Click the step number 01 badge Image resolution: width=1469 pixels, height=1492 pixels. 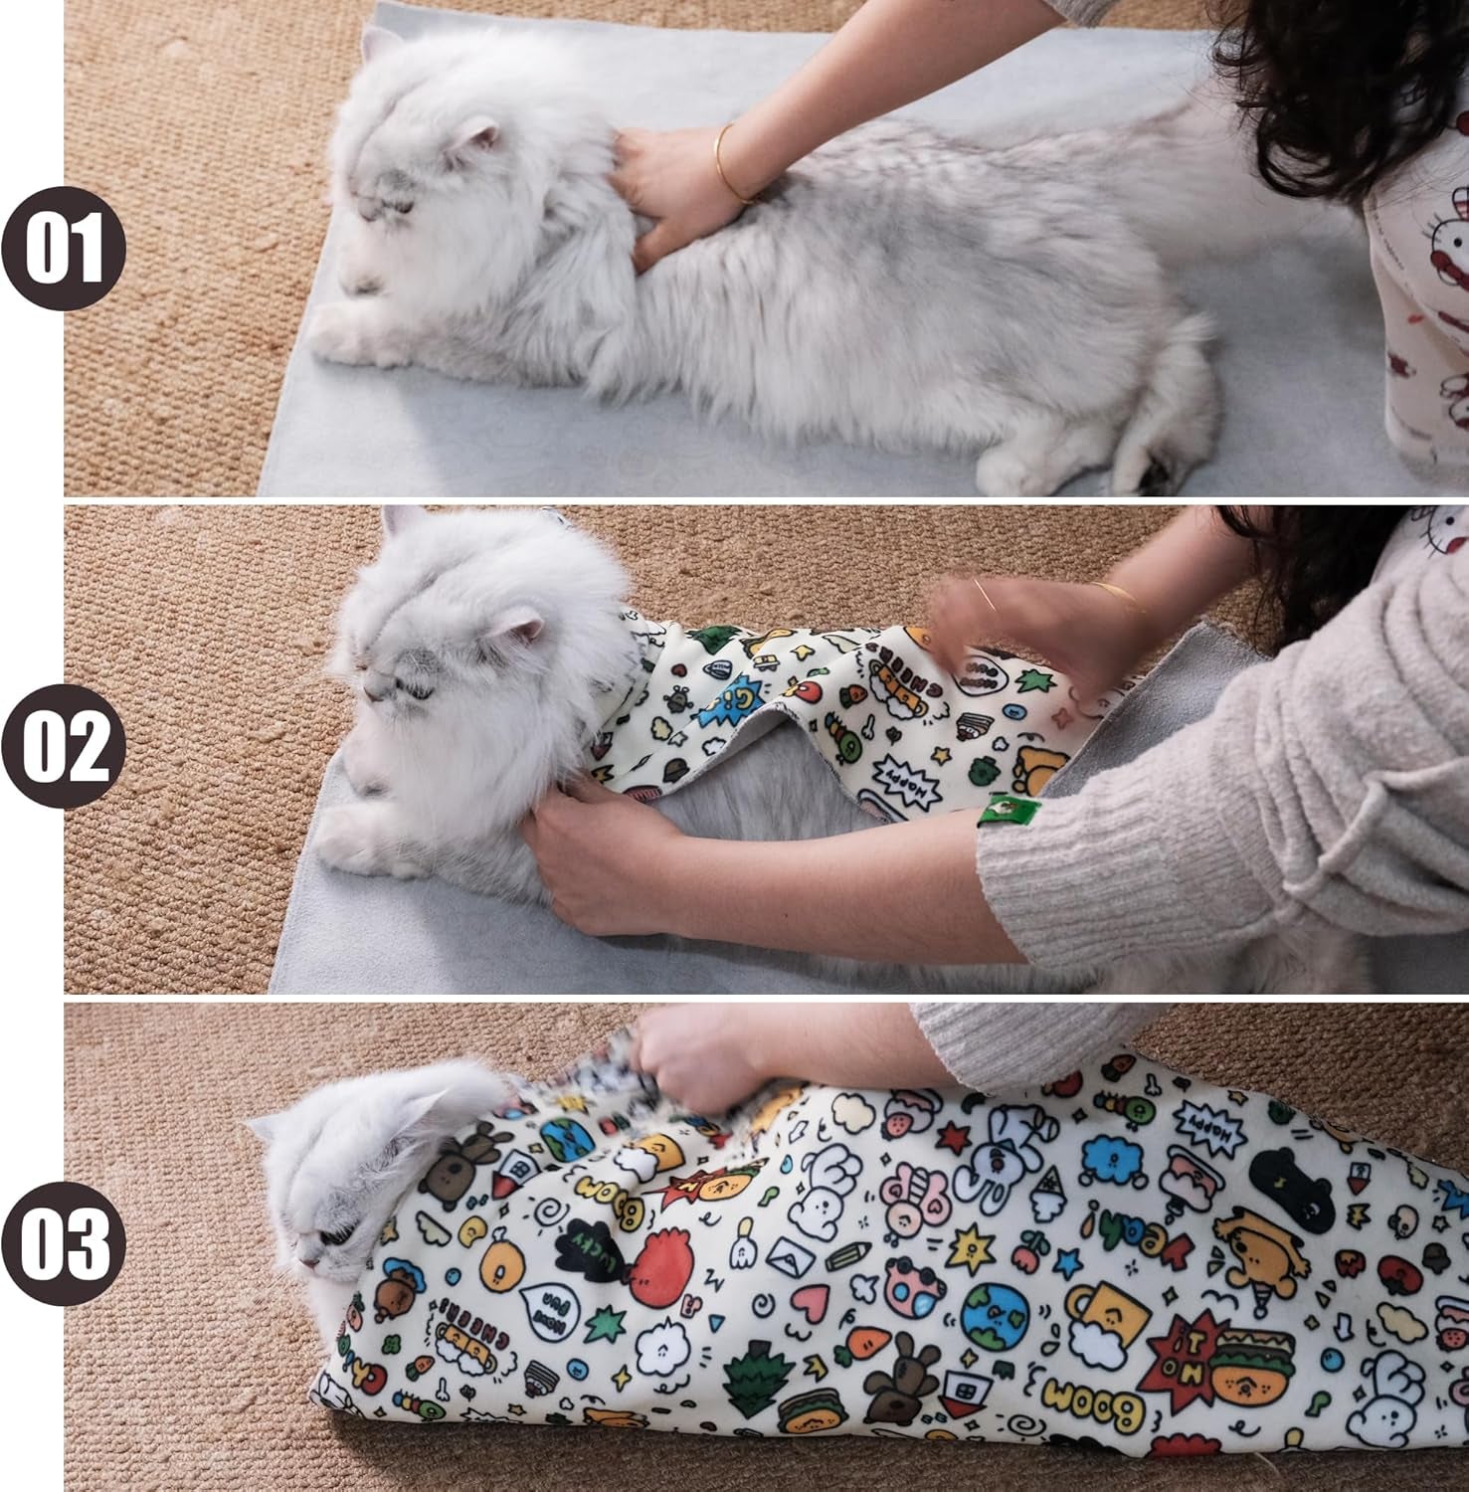coord(64,248)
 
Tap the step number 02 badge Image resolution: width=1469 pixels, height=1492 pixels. coord(64,746)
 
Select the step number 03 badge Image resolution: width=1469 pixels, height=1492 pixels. coord(64,1242)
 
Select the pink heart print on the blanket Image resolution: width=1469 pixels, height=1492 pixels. coord(811,1298)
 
